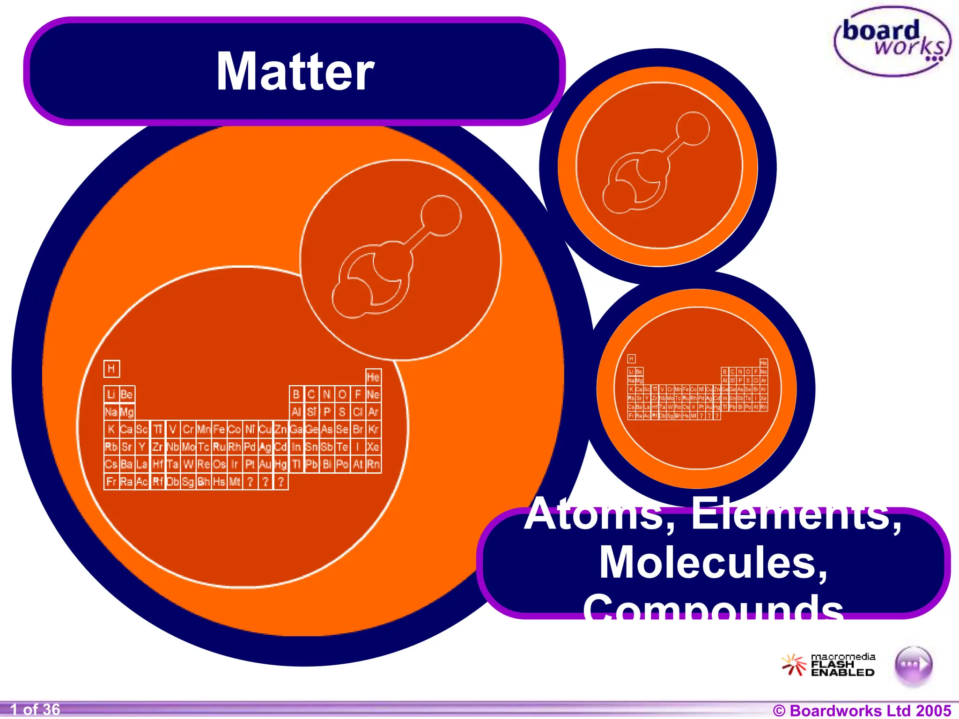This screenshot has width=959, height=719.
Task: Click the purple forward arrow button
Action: click(x=913, y=664)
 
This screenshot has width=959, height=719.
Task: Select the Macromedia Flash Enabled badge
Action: click(x=828, y=665)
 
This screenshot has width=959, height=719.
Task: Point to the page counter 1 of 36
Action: click(x=35, y=710)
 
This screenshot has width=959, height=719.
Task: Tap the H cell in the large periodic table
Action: click(x=111, y=369)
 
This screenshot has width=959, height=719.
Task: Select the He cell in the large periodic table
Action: click(x=373, y=377)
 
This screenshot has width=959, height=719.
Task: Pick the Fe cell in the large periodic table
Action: click(x=219, y=429)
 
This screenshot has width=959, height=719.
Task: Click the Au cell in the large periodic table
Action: click(x=265, y=464)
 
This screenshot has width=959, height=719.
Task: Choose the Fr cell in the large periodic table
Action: click(x=111, y=482)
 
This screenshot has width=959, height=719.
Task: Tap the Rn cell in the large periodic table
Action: click(x=373, y=464)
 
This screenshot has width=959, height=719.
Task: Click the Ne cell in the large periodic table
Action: click(x=373, y=395)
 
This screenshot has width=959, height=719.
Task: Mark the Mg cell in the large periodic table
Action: click(x=127, y=412)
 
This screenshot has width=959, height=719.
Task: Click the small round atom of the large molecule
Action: click(x=441, y=216)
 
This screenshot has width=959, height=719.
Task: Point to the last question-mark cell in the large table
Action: click(x=280, y=482)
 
